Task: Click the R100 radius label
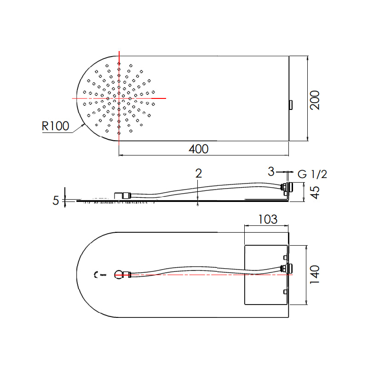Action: point(55,126)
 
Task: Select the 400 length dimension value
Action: point(199,149)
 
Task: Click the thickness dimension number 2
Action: point(199,173)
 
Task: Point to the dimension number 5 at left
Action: point(56,201)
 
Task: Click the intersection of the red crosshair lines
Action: point(119,98)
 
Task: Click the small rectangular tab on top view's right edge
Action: point(290,105)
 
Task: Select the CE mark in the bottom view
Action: point(96,275)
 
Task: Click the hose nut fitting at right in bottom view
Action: point(287,269)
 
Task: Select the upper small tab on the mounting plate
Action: point(286,256)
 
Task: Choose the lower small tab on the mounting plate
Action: point(286,292)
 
